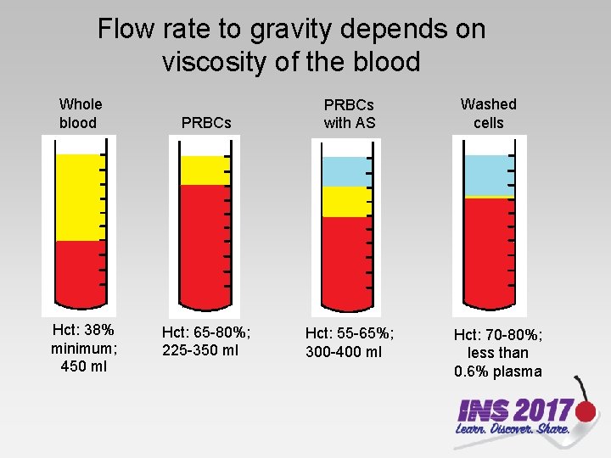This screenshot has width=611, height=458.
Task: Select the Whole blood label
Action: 79,114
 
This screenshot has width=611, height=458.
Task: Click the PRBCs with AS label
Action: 349,114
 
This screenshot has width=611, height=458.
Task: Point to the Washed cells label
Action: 488,114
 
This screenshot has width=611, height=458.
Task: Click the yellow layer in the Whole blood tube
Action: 78,198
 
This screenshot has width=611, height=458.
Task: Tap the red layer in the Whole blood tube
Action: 78,271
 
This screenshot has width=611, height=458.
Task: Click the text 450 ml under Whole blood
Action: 84,366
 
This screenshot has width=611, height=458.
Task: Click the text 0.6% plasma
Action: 497,371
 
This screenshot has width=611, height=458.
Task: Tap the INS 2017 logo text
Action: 514,411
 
